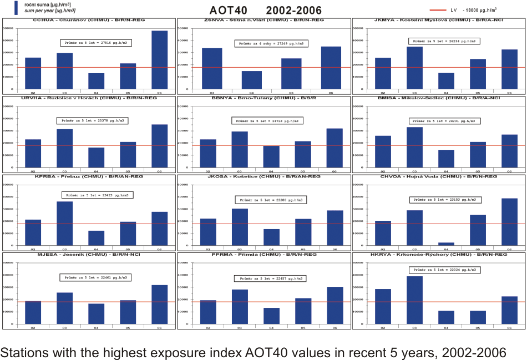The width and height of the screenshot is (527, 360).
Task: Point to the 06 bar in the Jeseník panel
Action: point(159,304)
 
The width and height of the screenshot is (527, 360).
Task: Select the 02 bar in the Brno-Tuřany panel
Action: point(208,150)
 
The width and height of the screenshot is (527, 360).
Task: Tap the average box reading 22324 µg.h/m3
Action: point(443,270)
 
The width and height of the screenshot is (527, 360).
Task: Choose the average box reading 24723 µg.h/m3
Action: point(267,121)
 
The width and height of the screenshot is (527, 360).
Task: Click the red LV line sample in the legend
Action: point(442,9)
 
